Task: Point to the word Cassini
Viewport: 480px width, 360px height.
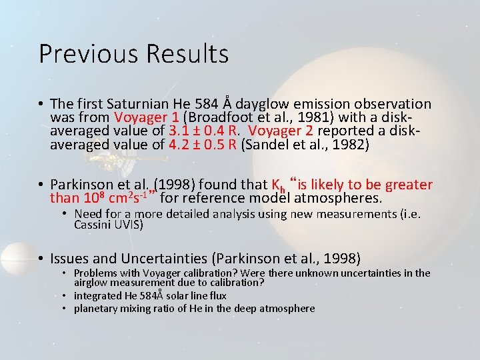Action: pyautogui.click(x=94, y=225)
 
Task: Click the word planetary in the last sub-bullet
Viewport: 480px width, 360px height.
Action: pyautogui.click(x=97, y=308)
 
